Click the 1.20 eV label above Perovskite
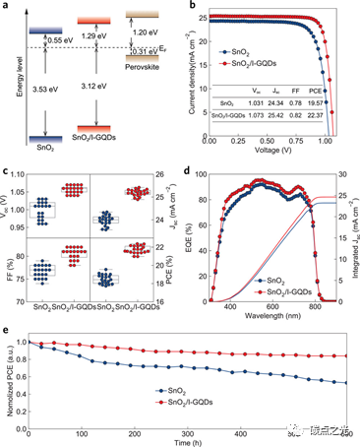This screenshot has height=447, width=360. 145,31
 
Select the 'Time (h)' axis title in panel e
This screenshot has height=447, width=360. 186,442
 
